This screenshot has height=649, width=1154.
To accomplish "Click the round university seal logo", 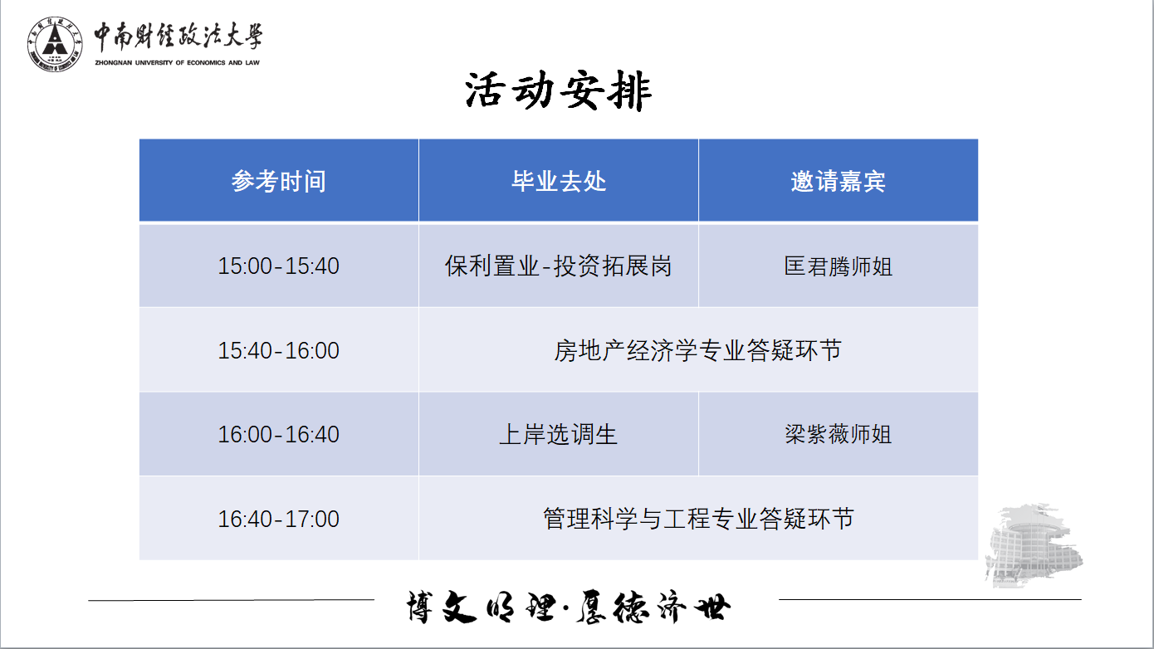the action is click(55, 44).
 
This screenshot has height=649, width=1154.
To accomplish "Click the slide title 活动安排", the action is click(559, 91).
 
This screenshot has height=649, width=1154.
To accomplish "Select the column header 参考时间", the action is click(279, 181).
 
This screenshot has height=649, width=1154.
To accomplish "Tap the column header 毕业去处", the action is click(559, 181).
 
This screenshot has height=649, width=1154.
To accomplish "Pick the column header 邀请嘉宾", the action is click(839, 181).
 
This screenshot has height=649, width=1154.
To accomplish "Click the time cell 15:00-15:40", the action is click(279, 266).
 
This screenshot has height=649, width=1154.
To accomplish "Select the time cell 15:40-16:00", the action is click(279, 350).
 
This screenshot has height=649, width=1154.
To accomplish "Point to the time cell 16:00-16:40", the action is click(279, 434).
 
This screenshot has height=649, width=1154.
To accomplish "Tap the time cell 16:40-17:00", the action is click(279, 519).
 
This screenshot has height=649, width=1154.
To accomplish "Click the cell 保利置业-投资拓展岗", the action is click(559, 266).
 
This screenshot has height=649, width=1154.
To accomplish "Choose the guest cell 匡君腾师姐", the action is click(839, 266).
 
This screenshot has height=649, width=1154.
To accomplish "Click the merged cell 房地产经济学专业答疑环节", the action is click(698, 350).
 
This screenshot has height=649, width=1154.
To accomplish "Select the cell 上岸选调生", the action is click(559, 434).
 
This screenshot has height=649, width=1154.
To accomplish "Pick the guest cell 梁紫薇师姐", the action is click(839, 434).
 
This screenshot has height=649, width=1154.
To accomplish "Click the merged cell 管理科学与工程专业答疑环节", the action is click(698, 519).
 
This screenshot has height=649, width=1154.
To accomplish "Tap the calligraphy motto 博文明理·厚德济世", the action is click(569, 607).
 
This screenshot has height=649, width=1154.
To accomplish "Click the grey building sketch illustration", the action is click(1034, 546).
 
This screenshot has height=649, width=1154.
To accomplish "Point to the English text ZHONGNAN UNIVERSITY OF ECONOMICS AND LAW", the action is click(177, 63).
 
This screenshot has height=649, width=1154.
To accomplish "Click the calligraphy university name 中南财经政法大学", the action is click(178, 37).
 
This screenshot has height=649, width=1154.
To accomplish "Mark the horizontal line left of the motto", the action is click(232, 599).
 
